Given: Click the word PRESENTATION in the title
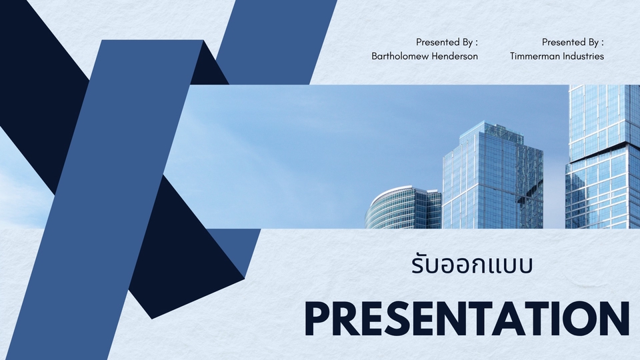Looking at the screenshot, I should point(467,319).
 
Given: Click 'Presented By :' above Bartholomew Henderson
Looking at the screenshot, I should point(447,41).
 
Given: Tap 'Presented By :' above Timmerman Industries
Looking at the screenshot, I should point(573,41).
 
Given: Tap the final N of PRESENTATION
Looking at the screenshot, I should point(615,319).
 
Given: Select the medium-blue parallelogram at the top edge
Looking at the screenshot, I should point(280,33).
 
